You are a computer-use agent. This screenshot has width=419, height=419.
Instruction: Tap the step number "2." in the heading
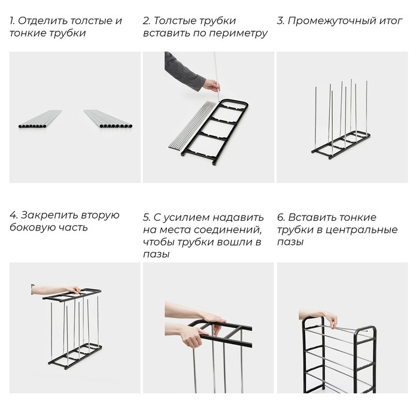[x=147, y=21]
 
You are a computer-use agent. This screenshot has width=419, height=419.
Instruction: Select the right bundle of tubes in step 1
[x=108, y=119]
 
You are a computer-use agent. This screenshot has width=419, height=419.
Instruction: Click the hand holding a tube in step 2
[x=211, y=85]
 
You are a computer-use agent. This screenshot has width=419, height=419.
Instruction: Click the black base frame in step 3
[x=338, y=147]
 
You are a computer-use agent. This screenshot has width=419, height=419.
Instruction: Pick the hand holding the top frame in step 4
[x=69, y=291]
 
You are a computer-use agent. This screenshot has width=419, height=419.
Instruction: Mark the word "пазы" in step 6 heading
[x=290, y=242]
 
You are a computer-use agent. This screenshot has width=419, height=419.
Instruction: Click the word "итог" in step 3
[x=390, y=21]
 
